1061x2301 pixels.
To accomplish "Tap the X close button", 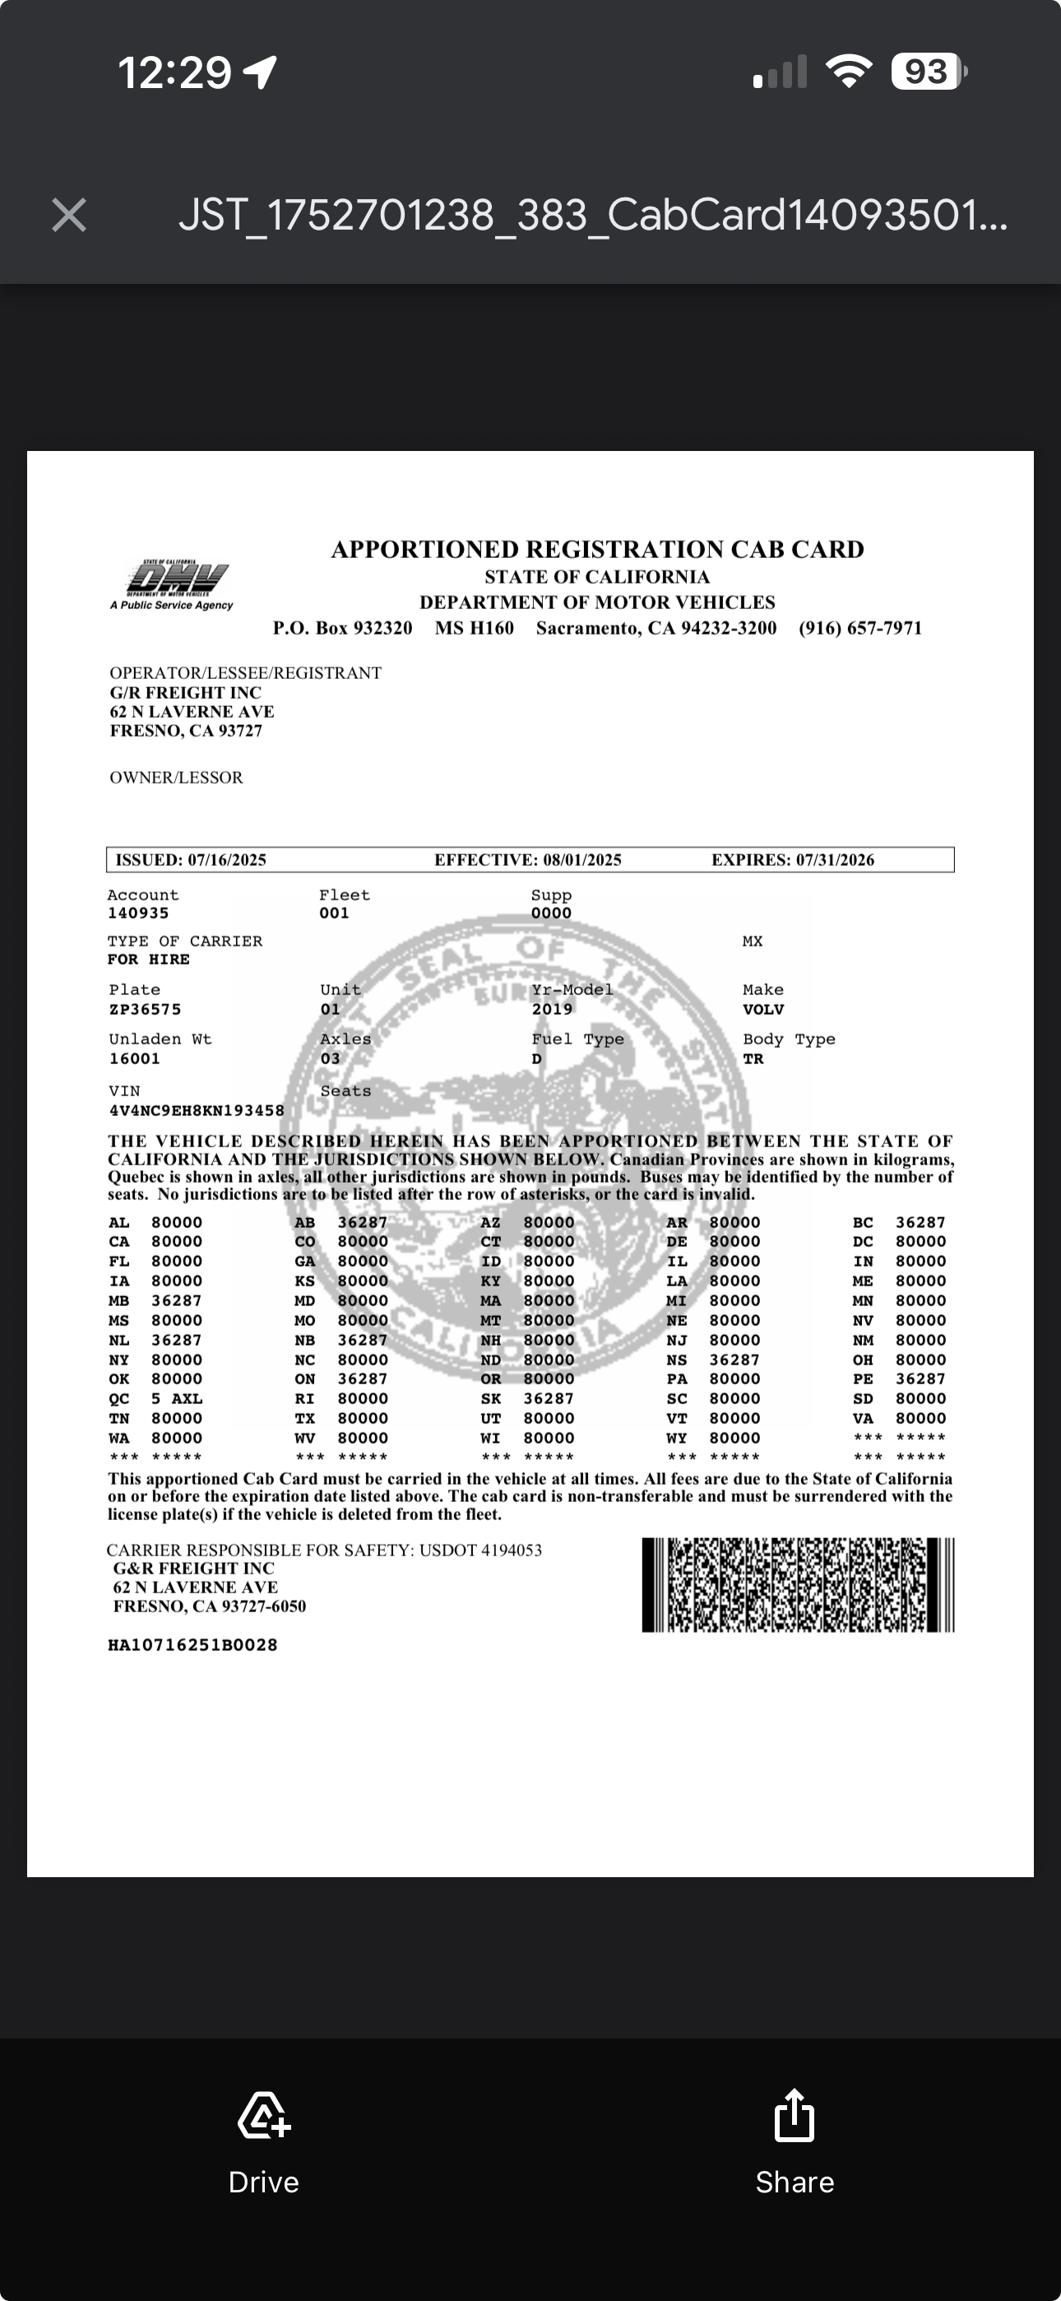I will tap(69, 216).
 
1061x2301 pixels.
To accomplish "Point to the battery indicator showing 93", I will tap(928, 72).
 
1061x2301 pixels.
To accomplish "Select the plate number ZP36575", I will tap(145, 1010).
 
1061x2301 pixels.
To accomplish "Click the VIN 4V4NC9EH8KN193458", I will tap(197, 1110).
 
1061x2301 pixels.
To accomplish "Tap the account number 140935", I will tap(137, 913).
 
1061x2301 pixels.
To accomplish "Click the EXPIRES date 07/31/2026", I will tap(835, 859).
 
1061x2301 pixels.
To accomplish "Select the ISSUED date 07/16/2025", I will tap(227, 859).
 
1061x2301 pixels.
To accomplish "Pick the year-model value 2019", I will tap(552, 1010).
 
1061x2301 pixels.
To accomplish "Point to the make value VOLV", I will tap(762, 1010).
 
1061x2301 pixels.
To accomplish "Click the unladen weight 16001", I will tap(134, 1058).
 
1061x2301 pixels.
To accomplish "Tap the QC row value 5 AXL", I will tap(176, 1399).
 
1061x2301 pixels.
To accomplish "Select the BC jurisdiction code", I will tap(862, 1222).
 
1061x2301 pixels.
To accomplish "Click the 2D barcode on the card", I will tap(798, 1585).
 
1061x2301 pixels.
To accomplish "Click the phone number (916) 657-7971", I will tap(860, 628).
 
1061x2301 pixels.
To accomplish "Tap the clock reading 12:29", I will tap(175, 72).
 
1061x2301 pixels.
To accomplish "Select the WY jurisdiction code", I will tap(676, 1439).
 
